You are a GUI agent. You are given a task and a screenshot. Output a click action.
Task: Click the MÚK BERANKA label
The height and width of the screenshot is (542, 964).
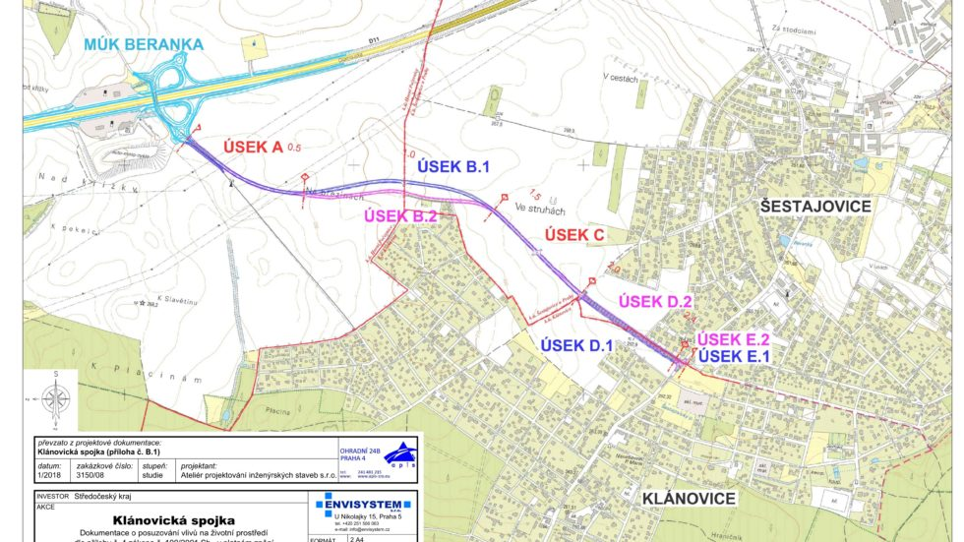[x=143, y=44]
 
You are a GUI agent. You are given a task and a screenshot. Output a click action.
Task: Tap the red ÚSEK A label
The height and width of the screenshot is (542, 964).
[x=240, y=147]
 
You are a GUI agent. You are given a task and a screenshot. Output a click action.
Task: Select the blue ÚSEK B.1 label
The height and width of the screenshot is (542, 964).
[x=453, y=167]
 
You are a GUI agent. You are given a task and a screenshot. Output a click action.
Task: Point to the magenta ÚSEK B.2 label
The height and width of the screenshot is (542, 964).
[x=400, y=215]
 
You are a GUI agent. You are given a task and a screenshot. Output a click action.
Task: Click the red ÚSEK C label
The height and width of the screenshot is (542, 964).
[x=574, y=235]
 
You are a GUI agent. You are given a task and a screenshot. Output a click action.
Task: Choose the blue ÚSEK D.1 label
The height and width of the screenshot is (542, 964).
[x=576, y=344]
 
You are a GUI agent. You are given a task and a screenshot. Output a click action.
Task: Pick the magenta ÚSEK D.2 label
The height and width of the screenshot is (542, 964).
[x=654, y=301]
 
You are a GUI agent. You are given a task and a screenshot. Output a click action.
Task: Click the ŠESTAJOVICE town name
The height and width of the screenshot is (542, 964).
[x=815, y=206]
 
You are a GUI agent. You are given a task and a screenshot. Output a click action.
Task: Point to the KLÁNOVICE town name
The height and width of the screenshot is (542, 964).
[x=689, y=499]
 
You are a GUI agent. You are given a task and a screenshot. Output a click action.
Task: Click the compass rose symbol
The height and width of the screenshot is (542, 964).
[x=57, y=398]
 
